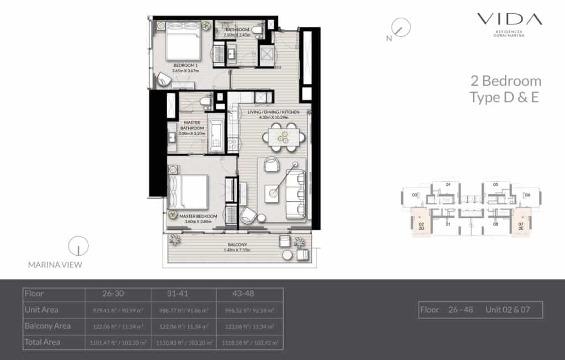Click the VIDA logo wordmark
click(509, 20)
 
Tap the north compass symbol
click(401, 28)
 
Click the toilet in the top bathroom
click(257, 29)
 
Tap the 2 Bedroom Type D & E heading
click(505, 89)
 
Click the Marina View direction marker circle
click(78, 246)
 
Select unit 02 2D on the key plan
click(421, 226)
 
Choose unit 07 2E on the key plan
click(520, 226)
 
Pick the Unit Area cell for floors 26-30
click(119, 310)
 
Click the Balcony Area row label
click(48, 326)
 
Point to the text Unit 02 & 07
click(508, 310)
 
